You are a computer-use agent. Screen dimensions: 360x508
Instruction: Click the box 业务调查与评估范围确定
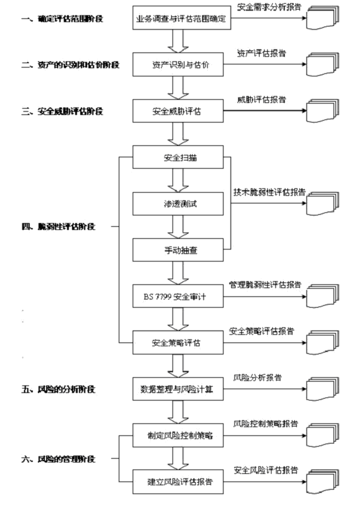tap(182, 18)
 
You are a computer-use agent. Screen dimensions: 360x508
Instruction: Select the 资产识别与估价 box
tap(177, 64)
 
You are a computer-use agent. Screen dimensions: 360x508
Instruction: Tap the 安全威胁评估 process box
tap(177, 111)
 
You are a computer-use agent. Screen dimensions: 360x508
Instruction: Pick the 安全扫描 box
tap(177, 157)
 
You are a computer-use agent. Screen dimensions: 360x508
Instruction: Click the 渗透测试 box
tap(177, 203)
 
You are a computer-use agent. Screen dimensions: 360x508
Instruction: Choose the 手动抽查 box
tap(177, 250)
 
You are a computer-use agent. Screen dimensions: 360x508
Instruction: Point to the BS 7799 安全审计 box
tap(177, 296)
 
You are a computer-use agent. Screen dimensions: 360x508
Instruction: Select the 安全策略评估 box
tap(177, 342)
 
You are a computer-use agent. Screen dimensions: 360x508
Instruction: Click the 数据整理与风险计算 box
tap(177, 389)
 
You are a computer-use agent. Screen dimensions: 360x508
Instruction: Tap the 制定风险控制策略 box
tap(177, 435)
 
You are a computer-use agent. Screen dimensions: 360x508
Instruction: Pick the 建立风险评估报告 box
tap(177, 481)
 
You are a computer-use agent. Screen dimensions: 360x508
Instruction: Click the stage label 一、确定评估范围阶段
tap(62, 18)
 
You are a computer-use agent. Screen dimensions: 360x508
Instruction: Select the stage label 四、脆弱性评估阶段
tap(58, 226)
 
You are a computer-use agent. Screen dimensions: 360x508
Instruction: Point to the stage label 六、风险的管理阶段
tap(58, 459)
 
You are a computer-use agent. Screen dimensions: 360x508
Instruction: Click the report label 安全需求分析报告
tap(269, 7)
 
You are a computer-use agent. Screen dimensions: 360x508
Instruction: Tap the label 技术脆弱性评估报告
tap(269, 192)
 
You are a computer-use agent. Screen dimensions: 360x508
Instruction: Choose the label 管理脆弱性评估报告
tap(265, 285)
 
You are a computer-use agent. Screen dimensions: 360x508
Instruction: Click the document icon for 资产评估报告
tap(323, 64)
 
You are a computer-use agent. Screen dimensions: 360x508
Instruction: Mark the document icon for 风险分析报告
tap(323, 389)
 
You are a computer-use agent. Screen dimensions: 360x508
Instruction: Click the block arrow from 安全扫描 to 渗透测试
tap(178, 180)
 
